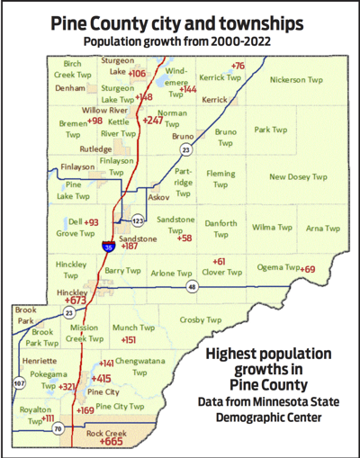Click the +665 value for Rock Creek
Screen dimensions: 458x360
point(112,442)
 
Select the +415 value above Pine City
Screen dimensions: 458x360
point(101,379)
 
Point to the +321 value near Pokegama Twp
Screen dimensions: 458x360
point(67,386)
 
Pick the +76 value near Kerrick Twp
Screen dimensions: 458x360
point(238,66)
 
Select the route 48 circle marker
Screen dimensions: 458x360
point(192,287)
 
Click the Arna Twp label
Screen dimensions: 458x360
point(317,229)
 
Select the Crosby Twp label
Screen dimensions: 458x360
point(200,319)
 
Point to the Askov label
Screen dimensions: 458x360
point(158,196)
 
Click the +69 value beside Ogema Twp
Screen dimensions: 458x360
point(308,269)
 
